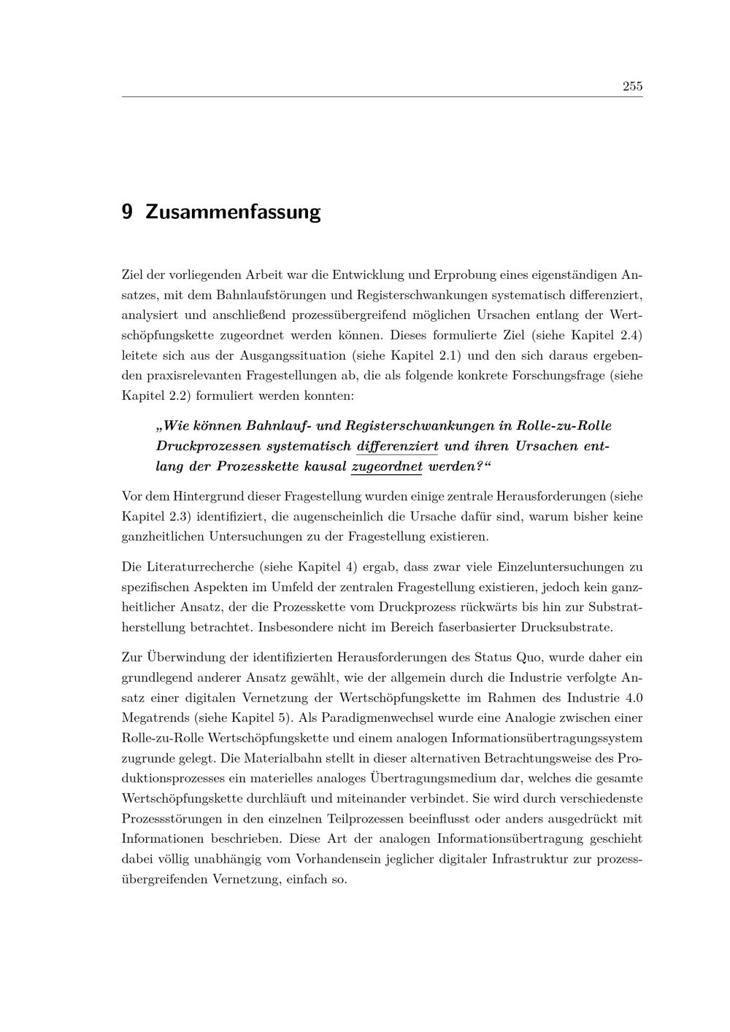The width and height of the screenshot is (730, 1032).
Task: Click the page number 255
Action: click(x=632, y=86)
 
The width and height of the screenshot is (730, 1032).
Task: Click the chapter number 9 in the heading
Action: click(x=127, y=212)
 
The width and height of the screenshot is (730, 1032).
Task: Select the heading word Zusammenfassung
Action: click(x=233, y=212)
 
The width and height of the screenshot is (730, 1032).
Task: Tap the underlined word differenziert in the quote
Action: click(x=397, y=446)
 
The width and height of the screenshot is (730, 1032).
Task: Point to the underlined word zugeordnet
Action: click(x=387, y=466)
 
